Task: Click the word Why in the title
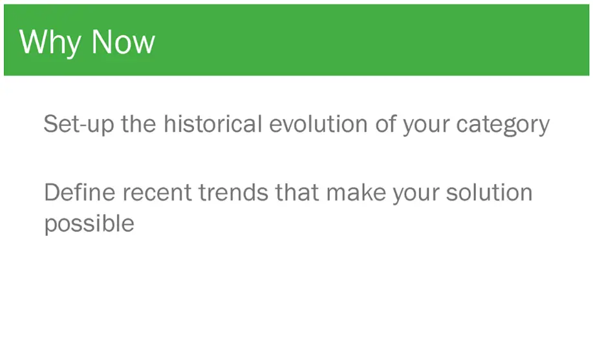(x=50, y=43)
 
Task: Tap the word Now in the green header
(x=124, y=41)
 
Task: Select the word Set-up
(x=79, y=124)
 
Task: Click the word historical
(x=213, y=123)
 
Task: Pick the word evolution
(x=318, y=123)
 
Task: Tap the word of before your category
(x=385, y=123)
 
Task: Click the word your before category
(x=426, y=126)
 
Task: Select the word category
(x=503, y=125)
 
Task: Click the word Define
(x=80, y=192)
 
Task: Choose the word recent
(x=157, y=193)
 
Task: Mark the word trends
(x=233, y=192)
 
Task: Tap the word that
(x=297, y=192)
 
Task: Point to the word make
(x=356, y=192)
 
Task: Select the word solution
(x=490, y=192)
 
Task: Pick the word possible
(x=89, y=224)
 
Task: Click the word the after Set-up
(x=138, y=123)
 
